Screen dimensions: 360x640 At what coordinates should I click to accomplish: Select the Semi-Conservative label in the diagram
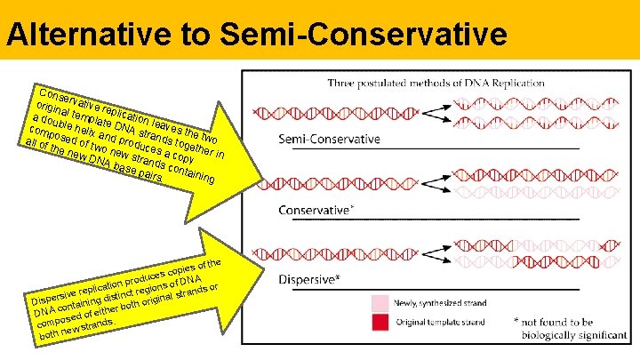click(x=330, y=140)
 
